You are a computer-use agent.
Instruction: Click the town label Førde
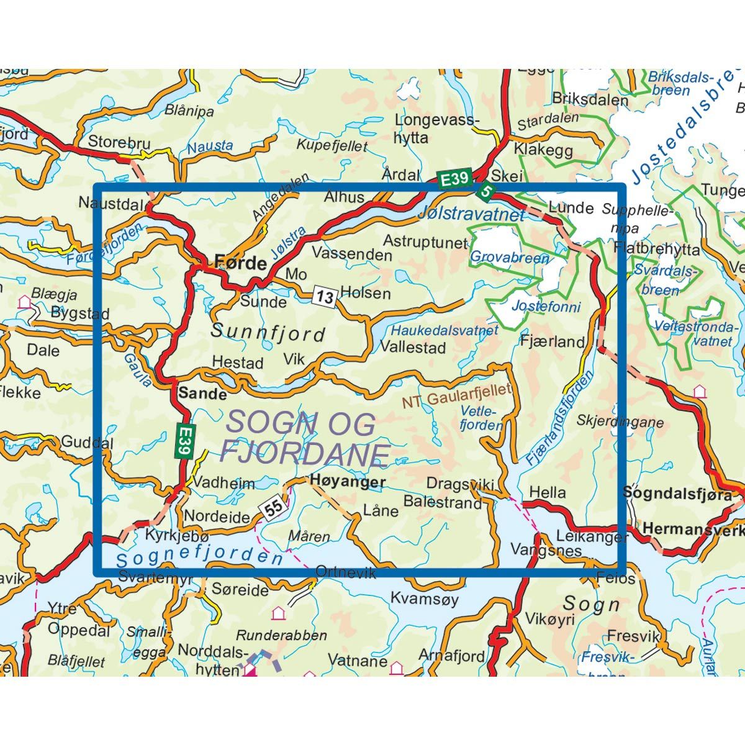click(x=240, y=262)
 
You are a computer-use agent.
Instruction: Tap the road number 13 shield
click(x=324, y=297)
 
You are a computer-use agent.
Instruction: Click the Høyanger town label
click(x=348, y=481)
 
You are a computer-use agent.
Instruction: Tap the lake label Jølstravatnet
click(x=471, y=215)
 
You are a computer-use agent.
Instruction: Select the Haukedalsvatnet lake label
click(x=445, y=330)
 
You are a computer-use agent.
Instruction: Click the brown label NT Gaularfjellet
click(x=457, y=395)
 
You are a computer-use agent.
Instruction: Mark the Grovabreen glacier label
click(x=510, y=257)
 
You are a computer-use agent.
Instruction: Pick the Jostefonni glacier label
click(x=546, y=306)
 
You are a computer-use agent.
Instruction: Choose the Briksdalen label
click(x=590, y=99)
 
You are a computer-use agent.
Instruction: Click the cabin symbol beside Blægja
click(x=25, y=302)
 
